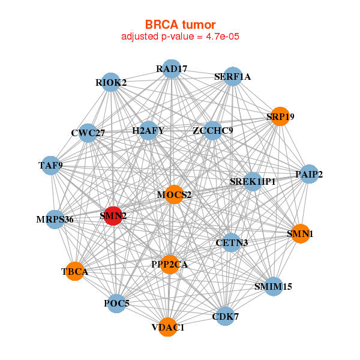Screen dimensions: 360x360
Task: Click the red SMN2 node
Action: coord(113,216)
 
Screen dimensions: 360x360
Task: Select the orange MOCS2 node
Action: coord(173,194)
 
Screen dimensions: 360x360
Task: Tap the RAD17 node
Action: coord(172,69)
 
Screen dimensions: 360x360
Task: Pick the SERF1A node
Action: coord(232,77)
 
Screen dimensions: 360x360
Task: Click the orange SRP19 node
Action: coord(280,116)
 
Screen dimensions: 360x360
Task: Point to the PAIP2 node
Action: coord(309,175)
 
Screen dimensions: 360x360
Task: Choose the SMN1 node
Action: coord(299,233)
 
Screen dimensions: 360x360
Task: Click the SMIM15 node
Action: coord(273,286)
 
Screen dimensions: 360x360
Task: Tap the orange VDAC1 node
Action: coord(168,327)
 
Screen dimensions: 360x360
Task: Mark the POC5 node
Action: coord(116,304)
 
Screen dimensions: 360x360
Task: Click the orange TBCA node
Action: coord(75,272)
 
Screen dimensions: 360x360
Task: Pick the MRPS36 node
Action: coord(55,219)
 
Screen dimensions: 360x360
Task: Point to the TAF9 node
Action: coord(51,165)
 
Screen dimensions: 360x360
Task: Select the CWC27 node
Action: coord(88,133)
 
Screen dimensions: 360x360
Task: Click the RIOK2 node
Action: coord(111,82)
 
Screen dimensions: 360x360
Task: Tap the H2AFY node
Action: coord(148,130)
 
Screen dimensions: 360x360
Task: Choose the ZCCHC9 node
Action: coord(213,130)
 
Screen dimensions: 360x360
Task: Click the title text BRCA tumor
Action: coord(180,25)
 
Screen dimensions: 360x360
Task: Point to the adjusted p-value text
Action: coord(181,37)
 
